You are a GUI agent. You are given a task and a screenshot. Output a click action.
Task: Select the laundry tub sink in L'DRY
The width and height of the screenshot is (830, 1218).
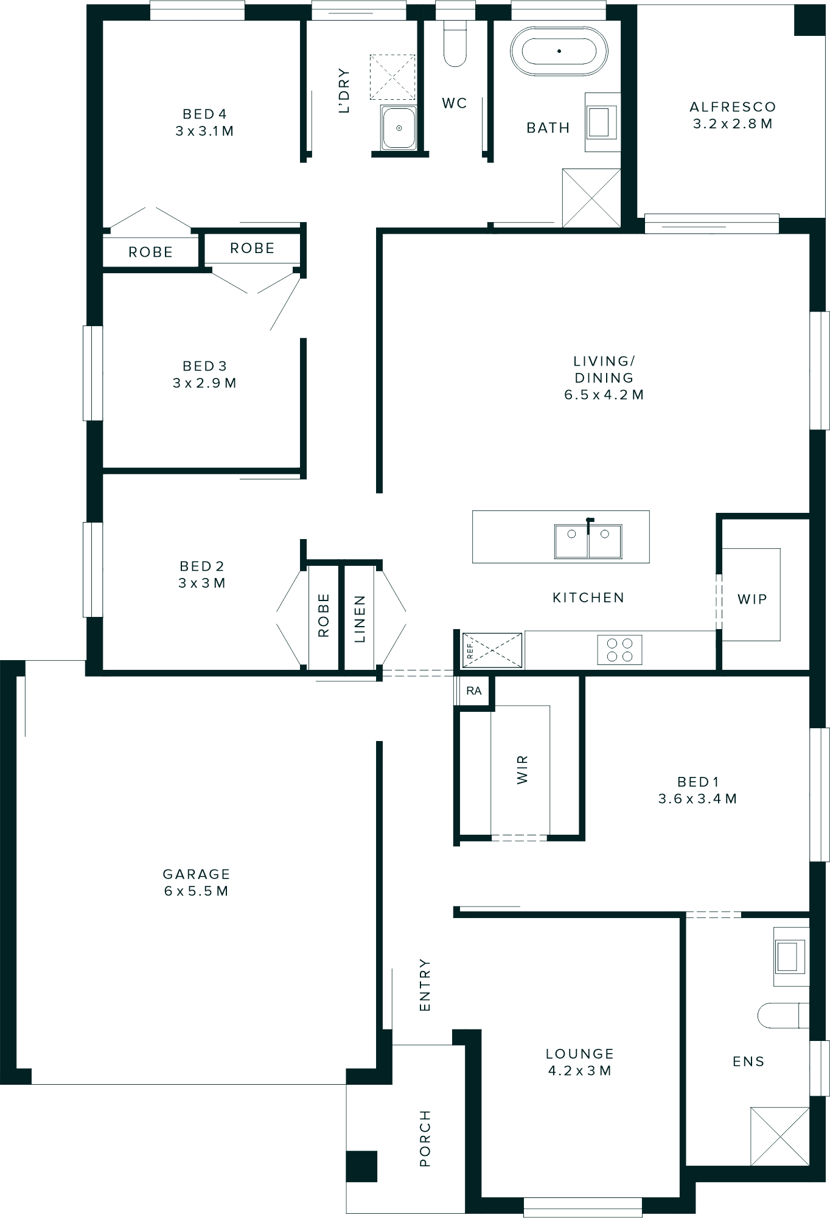point(399,128)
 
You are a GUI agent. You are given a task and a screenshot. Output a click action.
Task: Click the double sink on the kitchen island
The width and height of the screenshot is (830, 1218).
point(588,541)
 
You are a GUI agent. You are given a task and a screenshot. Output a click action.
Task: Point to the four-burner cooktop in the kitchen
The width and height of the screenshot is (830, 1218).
point(619,649)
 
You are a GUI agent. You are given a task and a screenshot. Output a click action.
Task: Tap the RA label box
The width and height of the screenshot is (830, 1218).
point(474,691)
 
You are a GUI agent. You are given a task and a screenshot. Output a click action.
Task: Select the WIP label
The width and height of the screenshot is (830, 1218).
point(752,599)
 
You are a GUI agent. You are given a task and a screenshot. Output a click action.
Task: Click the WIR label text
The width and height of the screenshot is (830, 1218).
point(522,770)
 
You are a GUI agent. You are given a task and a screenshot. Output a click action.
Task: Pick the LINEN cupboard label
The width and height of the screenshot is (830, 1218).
point(360,619)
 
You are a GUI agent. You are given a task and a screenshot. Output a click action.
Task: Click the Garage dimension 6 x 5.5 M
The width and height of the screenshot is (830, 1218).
point(196,891)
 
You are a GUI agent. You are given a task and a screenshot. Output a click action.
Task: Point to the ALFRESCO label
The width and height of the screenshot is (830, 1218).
point(733,107)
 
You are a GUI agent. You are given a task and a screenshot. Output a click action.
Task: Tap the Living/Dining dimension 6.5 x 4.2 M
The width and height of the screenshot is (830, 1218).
point(604,395)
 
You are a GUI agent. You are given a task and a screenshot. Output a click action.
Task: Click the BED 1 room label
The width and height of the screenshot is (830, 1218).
point(698,782)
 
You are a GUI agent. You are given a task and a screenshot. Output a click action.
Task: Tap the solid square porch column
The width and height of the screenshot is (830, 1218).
point(361,1166)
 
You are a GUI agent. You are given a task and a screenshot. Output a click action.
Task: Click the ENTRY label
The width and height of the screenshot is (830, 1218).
point(425,986)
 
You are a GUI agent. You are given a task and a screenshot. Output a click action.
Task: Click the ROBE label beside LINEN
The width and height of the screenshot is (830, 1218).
point(323,615)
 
